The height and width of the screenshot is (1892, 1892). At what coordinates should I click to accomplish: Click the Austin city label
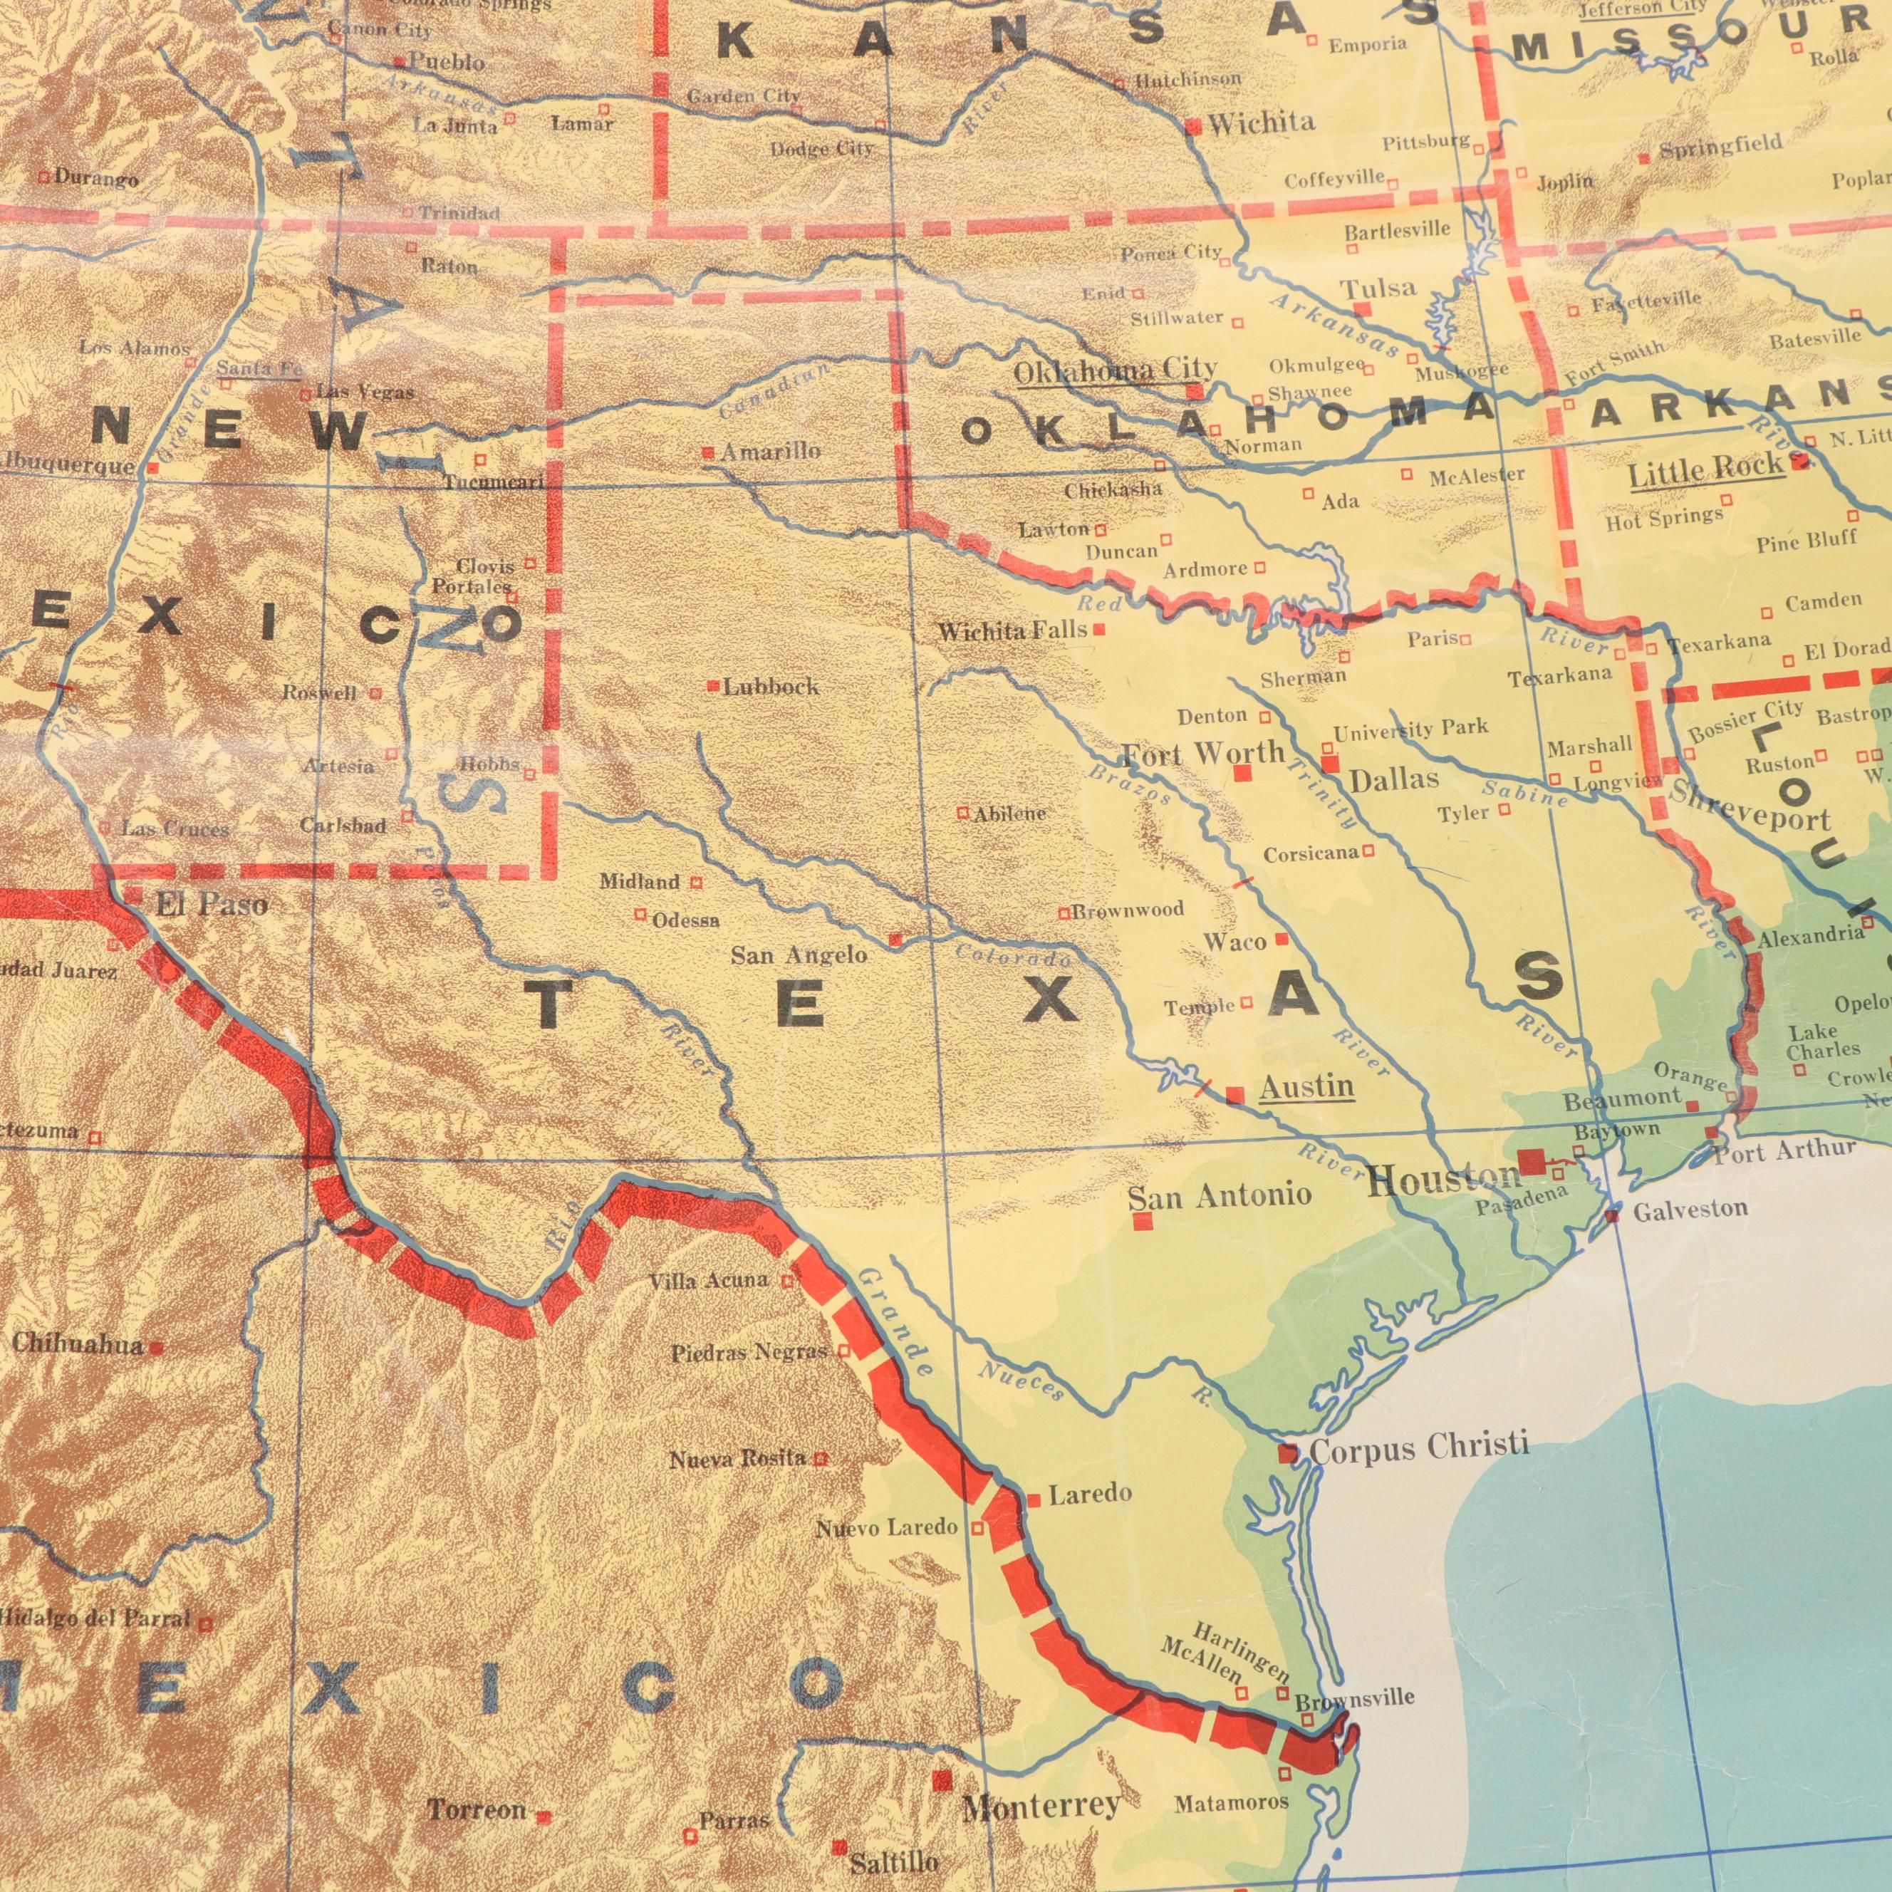click(x=1306, y=1087)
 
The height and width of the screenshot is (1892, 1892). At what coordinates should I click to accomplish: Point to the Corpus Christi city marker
click(x=1288, y=1453)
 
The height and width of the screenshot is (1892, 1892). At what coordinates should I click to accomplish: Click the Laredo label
click(x=1090, y=1495)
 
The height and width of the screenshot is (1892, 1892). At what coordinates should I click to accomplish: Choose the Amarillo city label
click(x=771, y=452)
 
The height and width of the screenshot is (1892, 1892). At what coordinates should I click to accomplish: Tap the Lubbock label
click(x=771, y=687)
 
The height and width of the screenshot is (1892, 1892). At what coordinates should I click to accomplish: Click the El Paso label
click(x=212, y=904)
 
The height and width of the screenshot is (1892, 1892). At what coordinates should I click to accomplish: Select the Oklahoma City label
click(x=1116, y=371)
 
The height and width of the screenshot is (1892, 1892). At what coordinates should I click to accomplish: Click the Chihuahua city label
click(x=78, y=1345)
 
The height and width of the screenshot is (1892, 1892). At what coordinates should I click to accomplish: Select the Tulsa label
click(x=1379, y=288)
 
